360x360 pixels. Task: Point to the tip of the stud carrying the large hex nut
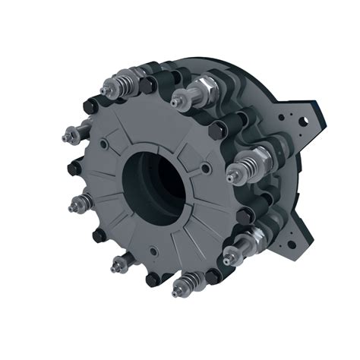(x=177, y=99)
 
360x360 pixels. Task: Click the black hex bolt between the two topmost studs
(x=164, y=73)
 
